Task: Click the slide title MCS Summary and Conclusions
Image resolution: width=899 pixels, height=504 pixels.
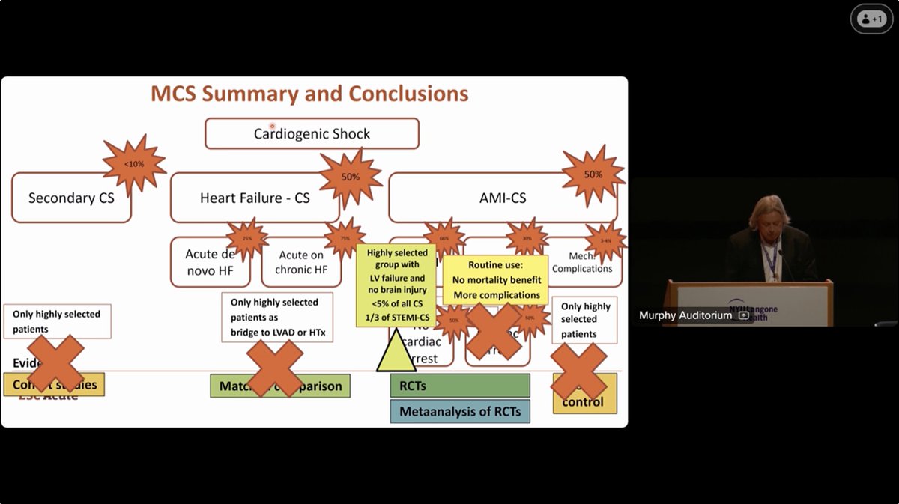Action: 309,94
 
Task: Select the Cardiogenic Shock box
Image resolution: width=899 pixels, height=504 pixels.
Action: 312,134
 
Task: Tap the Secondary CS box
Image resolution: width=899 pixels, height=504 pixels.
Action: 71,198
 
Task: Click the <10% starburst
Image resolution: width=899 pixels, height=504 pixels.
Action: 134,164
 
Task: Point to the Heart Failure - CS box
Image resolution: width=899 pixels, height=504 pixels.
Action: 255,198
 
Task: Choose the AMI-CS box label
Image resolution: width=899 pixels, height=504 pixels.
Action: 502,198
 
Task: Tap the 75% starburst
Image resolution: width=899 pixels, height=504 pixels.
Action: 345,238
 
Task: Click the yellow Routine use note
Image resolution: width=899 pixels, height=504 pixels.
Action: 496,280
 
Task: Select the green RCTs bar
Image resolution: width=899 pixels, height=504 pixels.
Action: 459,385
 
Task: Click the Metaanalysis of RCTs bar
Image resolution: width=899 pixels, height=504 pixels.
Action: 459,411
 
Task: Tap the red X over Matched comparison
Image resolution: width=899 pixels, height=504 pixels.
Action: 276,368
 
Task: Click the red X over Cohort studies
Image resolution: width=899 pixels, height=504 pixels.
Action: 56,364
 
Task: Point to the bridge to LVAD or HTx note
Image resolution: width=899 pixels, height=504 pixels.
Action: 277,318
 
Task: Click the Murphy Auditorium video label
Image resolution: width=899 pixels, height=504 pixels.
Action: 685,315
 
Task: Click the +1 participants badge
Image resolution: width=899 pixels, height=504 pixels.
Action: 871,19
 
